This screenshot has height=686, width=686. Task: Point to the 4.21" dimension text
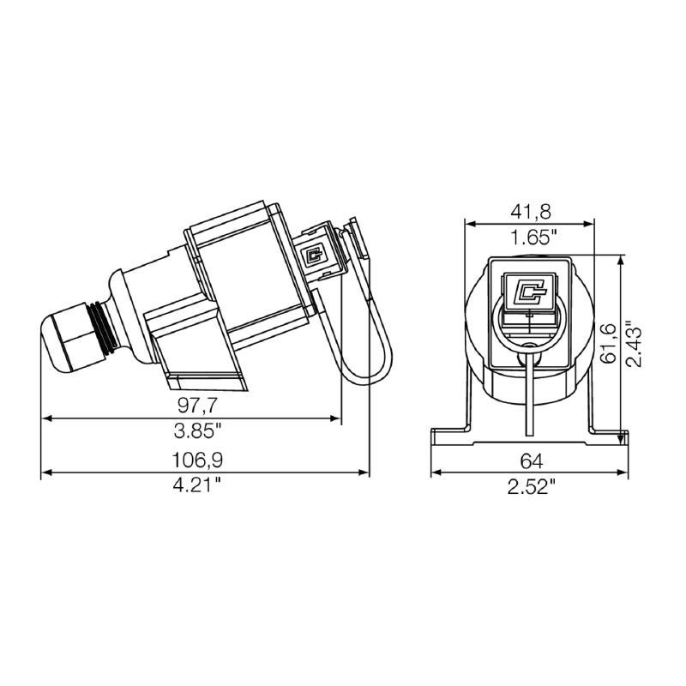point(196,485)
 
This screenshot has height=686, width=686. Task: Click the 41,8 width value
point(529,211)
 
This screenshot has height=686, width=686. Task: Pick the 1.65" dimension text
point(529,238)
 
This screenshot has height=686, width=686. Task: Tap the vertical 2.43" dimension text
point(635,343)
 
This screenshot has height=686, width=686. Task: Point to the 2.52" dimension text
point(530,486)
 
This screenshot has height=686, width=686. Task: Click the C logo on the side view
point(314,254)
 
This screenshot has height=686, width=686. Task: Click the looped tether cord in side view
point(358,343)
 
